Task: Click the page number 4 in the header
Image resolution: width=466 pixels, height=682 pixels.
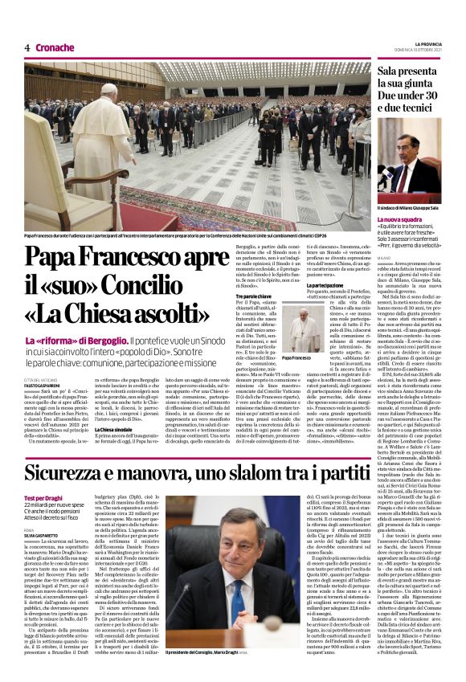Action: tap(27, 47)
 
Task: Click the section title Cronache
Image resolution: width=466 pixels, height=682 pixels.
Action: tap(55, 47)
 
